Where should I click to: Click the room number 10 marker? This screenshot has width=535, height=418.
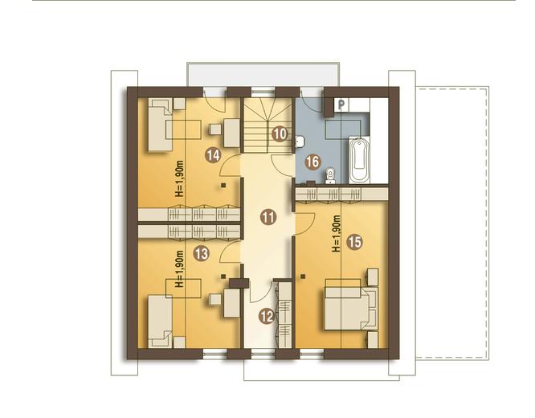click(x=280, y=134)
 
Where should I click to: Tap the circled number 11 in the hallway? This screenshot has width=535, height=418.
click(x=268, y=217)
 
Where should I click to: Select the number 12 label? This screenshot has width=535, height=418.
click(x=267, y=317)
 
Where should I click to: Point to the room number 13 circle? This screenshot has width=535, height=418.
click(x=202, y=254)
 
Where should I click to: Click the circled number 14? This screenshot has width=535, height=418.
click(x=213, y=156)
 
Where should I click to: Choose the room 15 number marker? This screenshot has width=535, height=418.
click(x=354, y=242)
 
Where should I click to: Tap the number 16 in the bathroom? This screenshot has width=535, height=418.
click(x=312, y=162)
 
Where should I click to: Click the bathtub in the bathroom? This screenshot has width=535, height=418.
click(x=359, y=159)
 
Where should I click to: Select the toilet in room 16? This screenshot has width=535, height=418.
click(x=330, y=176)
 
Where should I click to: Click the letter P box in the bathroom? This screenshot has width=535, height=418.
click(x=341, y=104)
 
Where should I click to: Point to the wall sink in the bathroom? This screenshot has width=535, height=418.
click(x=300, y=141)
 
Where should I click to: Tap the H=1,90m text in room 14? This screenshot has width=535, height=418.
click(x=179, y=178)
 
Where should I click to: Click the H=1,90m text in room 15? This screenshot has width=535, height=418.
click(x=337, y=234)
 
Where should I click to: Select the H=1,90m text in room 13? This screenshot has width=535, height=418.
click(x=179, y=268)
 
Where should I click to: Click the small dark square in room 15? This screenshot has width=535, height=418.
click(x=303, y=277)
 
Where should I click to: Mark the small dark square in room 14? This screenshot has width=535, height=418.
click(x=223, y=186)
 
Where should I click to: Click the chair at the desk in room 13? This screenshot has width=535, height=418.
click(x=215, y=300)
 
